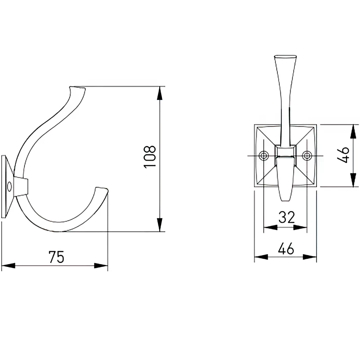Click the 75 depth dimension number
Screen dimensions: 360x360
tap(57, 256)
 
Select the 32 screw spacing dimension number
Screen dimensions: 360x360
tap(287, 217)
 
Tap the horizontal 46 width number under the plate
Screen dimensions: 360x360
tap(286, 248)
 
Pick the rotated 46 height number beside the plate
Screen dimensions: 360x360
tap(343, 155)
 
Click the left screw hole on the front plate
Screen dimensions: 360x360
tap(264, 156)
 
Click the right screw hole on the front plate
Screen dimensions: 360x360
tap(306, 156)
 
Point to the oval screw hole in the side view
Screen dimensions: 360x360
tap(9, 187)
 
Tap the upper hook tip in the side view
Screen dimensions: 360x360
tap(77, 88)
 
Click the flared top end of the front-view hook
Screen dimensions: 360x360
tap(285, 56)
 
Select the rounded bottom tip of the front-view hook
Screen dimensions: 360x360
tap(285, 199)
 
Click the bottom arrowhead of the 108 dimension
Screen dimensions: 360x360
tap(159, 225)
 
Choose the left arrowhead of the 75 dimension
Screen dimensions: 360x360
tap(8, 266)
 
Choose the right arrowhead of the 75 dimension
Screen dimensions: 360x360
tap(101, 266)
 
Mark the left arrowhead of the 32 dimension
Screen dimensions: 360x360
tap(270, 228)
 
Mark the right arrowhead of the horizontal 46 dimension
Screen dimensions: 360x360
tap(310, 257)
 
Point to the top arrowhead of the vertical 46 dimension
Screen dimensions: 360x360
tap(353, 131)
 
